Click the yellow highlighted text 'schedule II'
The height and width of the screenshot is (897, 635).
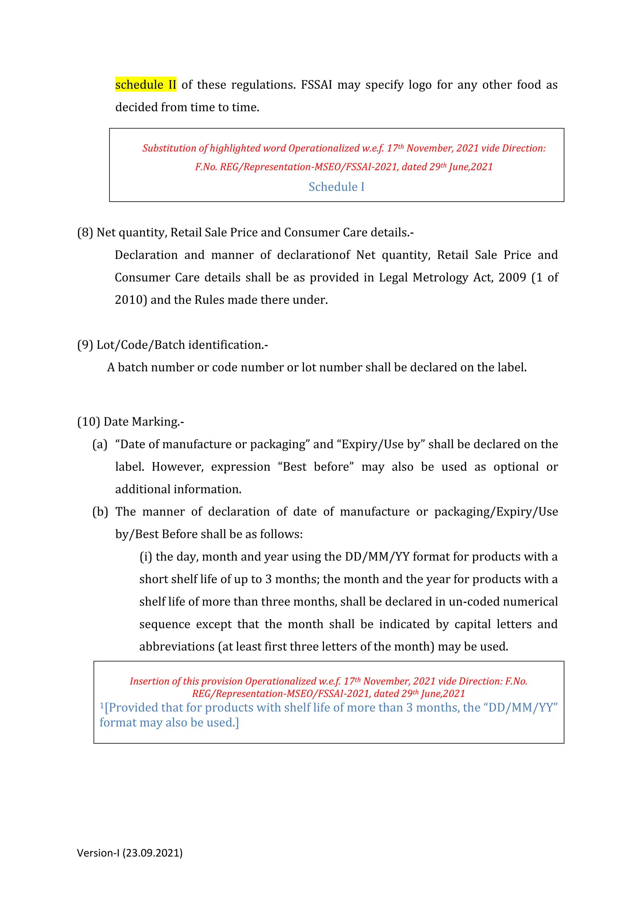[145, 85]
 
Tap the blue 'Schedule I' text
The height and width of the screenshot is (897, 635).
[336, 187]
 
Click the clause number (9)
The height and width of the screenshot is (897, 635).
[85, 345]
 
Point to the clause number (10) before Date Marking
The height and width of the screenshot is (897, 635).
[88, 422]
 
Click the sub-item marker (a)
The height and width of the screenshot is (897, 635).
[100, 444]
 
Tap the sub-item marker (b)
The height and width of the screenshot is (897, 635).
[100, 512]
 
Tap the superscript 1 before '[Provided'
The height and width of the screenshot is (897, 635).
[102, 705]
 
